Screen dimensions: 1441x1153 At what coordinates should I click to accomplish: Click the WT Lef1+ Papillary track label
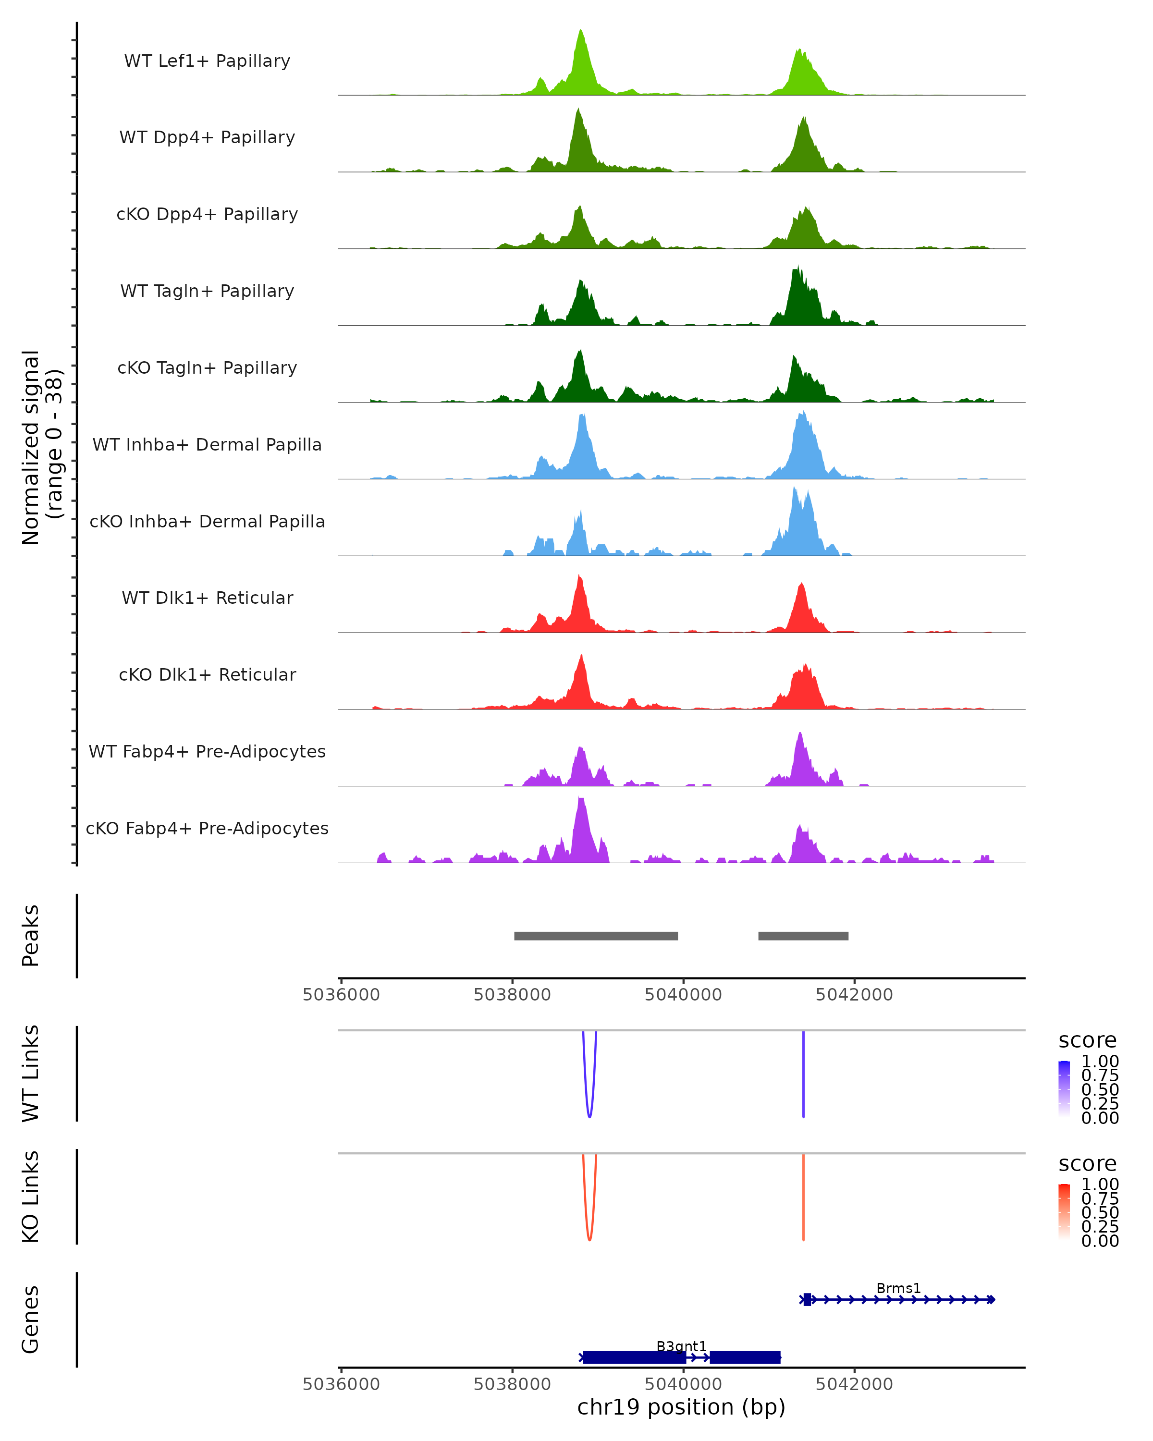pos(207,61)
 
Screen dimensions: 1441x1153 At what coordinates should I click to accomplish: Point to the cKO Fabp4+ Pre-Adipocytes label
pos(207,828)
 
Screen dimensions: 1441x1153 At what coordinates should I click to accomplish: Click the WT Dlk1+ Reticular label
pos(207,598)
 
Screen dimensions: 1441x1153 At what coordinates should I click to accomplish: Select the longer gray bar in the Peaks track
pos(596,936)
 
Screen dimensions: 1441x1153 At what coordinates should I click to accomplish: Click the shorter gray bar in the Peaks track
pos(803,936)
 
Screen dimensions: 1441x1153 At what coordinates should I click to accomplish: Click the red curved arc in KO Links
pos(589,1236)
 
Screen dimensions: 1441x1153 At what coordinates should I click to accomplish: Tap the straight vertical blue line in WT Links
pos(803,1076)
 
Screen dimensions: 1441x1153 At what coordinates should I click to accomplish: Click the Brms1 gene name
pos(898,1288)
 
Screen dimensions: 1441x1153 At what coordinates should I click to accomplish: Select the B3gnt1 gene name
pos(681,1346)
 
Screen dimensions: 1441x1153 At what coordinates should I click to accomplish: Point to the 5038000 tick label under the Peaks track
pos(512,995)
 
